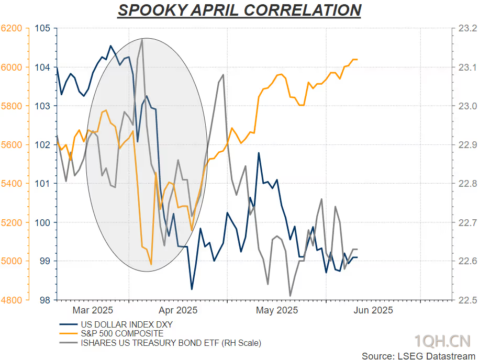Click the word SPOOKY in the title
pyautogui.click(x=152, y=10)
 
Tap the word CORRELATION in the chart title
pyautogui.click(x=303, y=10)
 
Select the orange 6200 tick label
pyautogui.click(x=12, y=28)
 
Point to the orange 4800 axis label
pyautogui.click(x=12, y=300)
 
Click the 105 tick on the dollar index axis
pyautogui.click(x=42, y=28)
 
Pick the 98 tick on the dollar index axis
pyautogui.click(x=45, y=300)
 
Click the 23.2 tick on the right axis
pyautogui.click(x=467, y=28)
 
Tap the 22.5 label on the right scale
pyautogui.click(x=467, y=300)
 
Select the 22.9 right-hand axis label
pyautogui.click(x=467, y=145)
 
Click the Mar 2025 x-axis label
pyautogui.click(x=93, y=310)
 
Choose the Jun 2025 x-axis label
pyautogui.click(x=373, y=310)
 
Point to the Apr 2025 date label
pyautogui.click(x=178, y=310)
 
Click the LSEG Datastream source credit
pyautogui.click(x=418, y=356)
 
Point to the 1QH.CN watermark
pyautogui.click(x=442, y=341)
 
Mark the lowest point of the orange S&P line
pyautogui.click(x=151, y=264)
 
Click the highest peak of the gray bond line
pyautogui.click(x=142, y=39)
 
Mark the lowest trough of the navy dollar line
pyautogui.click(x=192, y=289)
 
